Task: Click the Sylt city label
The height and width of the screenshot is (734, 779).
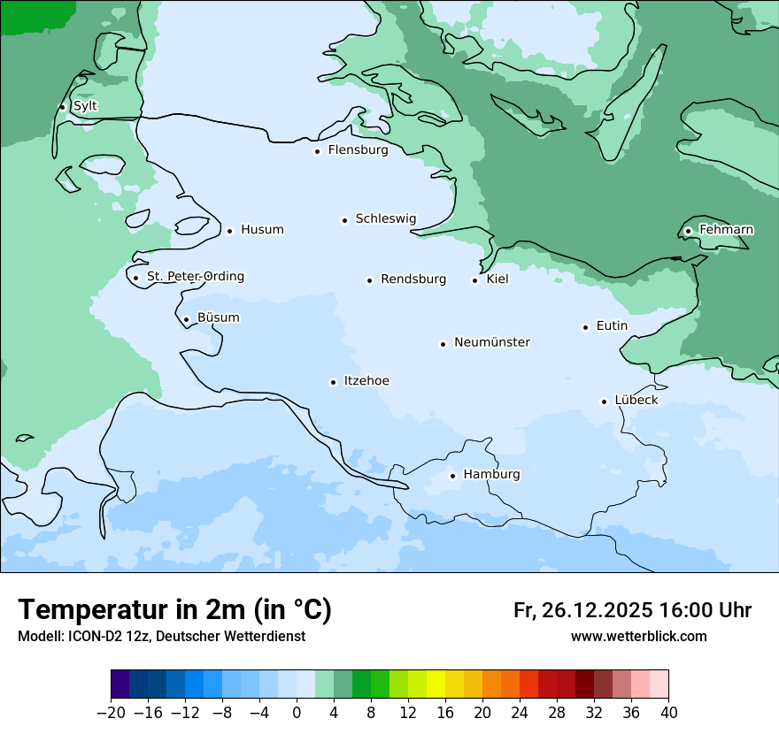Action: point(85,106)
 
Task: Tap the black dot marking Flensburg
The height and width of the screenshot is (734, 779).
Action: point(317,151)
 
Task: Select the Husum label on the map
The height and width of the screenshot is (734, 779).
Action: point(262,230)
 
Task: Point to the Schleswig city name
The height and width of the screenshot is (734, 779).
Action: point(385,218)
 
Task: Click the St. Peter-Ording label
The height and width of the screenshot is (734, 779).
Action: point(195,277)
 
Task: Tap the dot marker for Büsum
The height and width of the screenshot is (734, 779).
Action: point(186,319)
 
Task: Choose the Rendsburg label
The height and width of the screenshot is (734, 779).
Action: point(413,279)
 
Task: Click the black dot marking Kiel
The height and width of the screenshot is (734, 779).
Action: point(475,281)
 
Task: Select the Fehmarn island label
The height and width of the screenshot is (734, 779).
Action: point(726,230)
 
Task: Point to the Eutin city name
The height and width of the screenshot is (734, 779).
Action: point(612,326)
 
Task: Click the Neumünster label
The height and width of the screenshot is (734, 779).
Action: point(491,342)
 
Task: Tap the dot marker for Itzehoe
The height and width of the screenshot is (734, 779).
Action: point(333,383)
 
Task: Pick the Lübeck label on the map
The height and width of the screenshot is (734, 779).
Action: point(636,401)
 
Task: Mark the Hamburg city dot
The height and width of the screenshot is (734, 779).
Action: point(452,476)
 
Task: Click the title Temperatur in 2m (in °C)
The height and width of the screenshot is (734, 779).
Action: point(174,609)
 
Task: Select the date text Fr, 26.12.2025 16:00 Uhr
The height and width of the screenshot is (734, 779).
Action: point(632,610)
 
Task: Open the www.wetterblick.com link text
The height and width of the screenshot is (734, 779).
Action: point(638,637)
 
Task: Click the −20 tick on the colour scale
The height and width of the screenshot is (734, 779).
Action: point(112,713)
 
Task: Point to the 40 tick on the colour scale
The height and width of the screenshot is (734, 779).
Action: point(668,713)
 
